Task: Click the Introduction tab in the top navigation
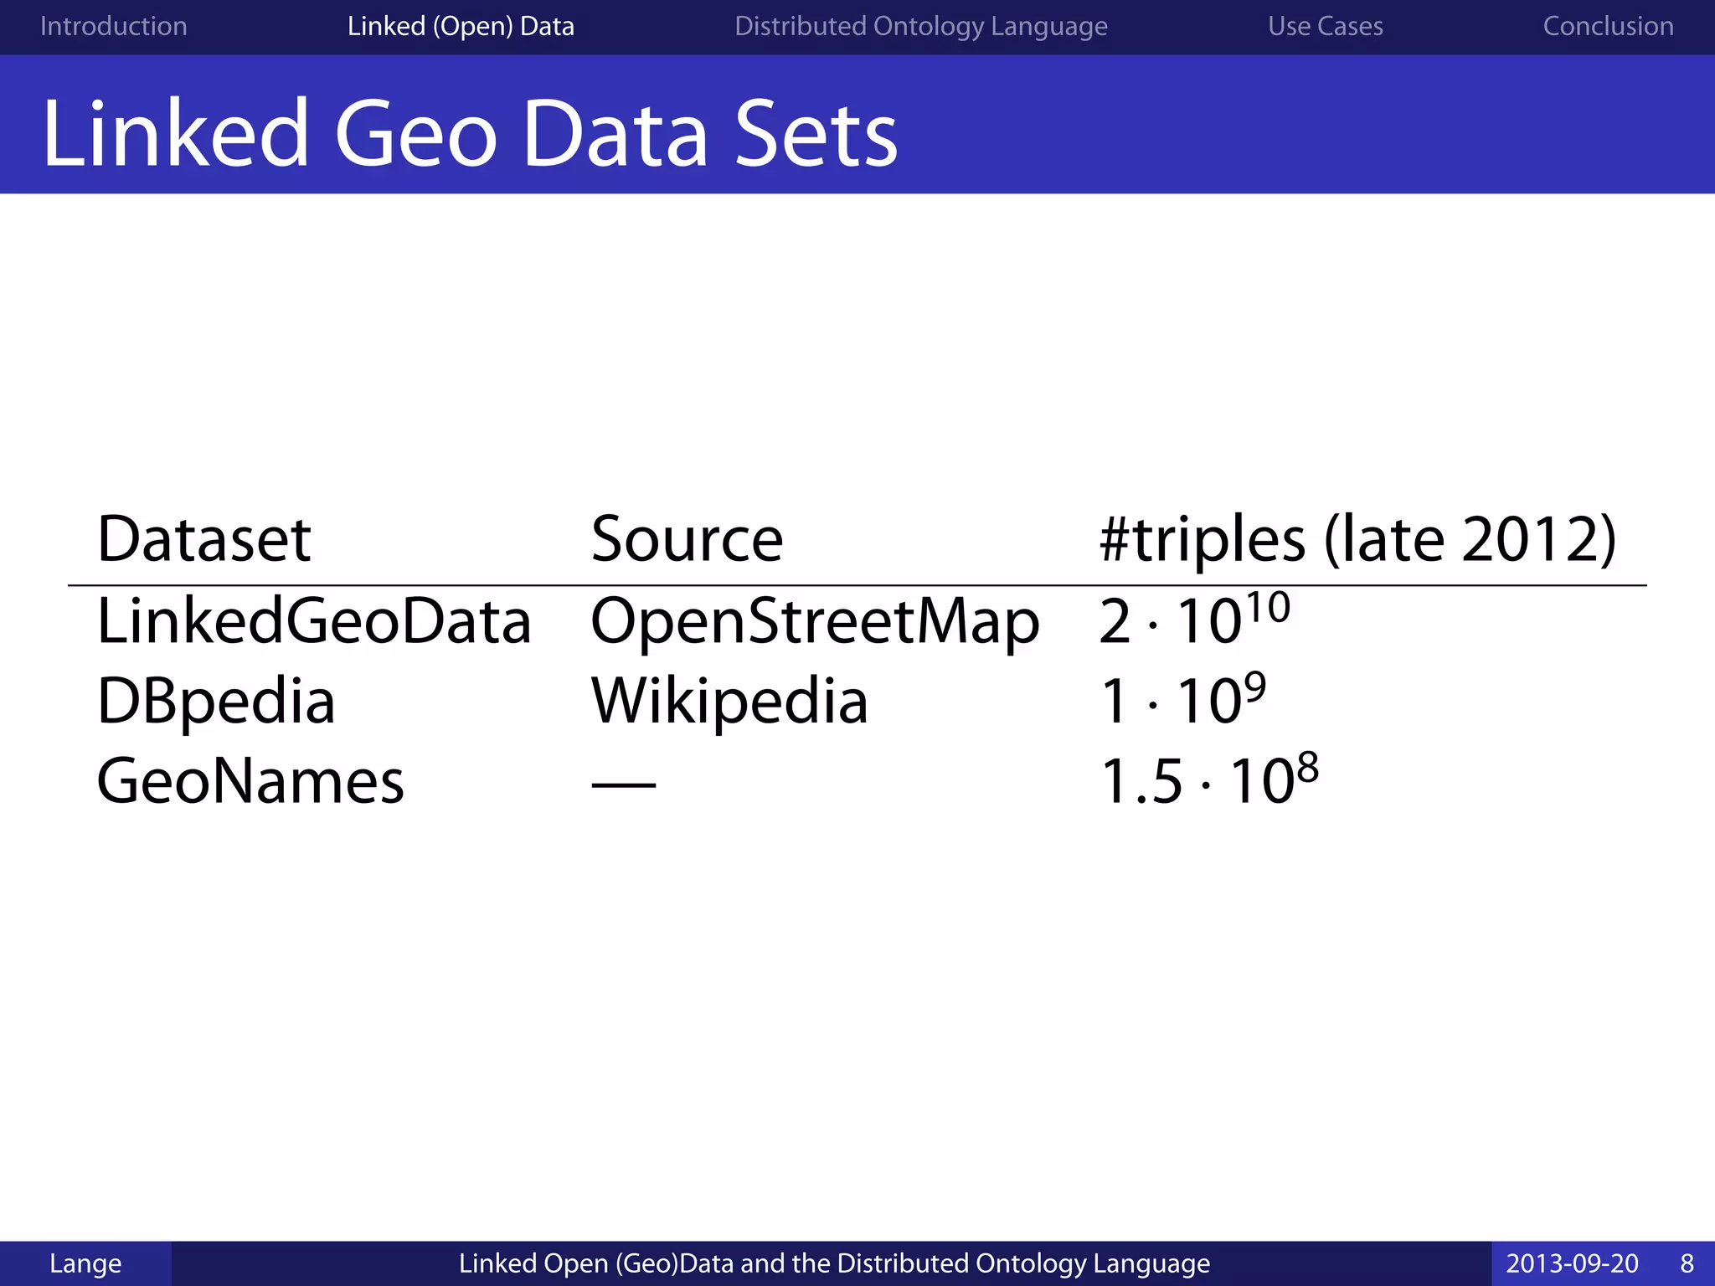(114, 27)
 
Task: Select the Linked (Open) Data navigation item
(461, 27)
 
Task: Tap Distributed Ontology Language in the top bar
(920, 27)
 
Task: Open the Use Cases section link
(1325, 27)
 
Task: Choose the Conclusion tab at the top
(1608, 27)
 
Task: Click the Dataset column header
(204, 539)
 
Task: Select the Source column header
(687, 539)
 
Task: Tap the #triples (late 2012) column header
(1357, 539)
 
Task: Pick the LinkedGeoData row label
(314, 621)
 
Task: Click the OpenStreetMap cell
(815, 621)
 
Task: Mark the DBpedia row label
(216, 702)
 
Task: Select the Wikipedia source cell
(729, 702)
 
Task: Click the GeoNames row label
(250, 782)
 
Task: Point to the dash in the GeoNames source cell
(624, 784)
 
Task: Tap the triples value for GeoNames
(1208, 780)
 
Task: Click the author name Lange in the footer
(85, 1263)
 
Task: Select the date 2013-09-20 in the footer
(1572, 1263)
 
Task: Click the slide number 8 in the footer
(1687, 1263)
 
